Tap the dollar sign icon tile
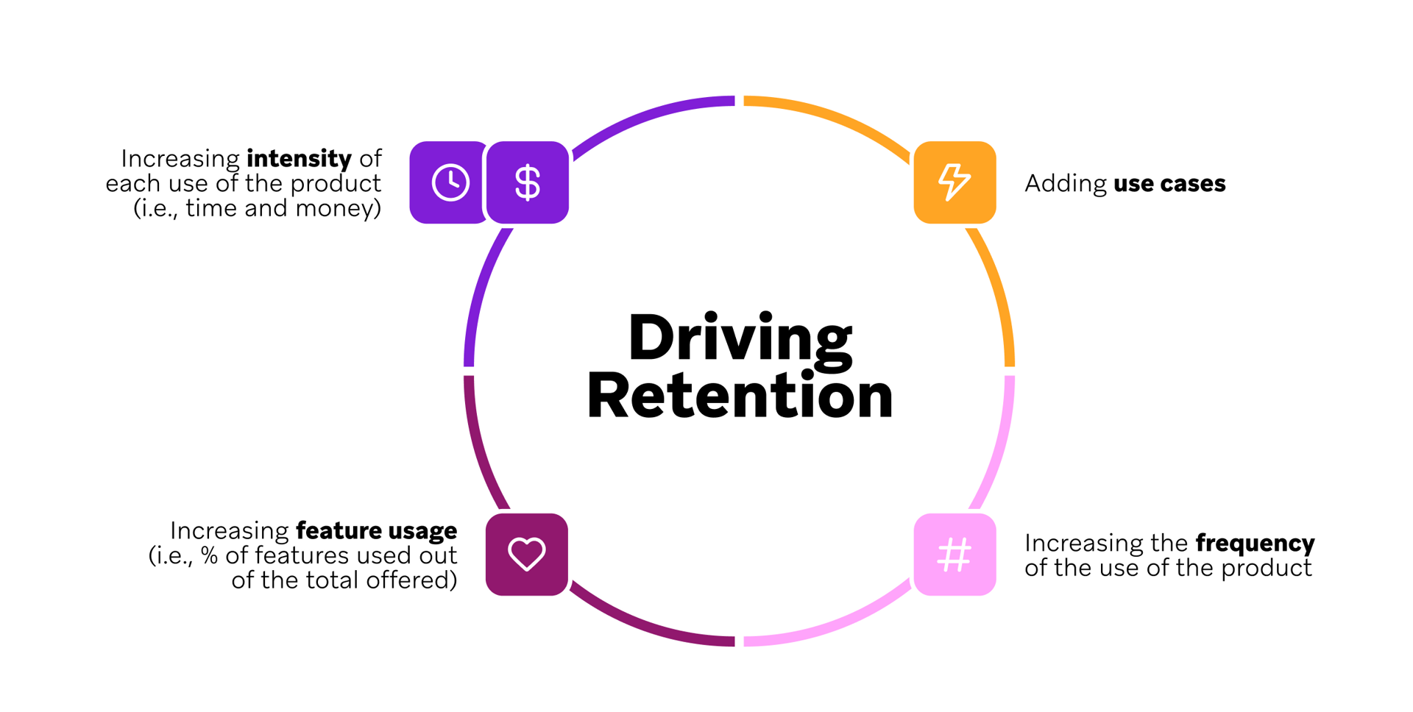[528, 182]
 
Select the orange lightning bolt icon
[955, 182]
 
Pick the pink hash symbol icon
[955, 555]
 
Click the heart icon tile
[527, 555]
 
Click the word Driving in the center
[740, 338]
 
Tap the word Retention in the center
[740, 396]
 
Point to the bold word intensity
[299, 159]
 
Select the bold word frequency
[1255, 544]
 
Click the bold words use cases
[1169, 184]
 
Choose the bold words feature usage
[376, 530]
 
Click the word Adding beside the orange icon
[1065, 184]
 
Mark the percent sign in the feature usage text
[209, 555]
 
